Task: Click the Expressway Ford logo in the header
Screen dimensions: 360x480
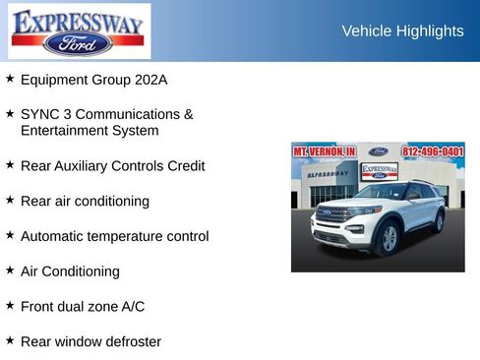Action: point(79,30)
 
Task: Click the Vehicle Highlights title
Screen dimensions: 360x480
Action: point(402,31)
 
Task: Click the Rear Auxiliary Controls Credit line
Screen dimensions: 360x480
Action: point(112,166)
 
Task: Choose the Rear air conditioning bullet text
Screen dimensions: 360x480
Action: point(85,201)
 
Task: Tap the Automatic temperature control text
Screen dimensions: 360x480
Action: point(114,236)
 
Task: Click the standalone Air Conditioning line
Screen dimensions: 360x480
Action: point(70,270)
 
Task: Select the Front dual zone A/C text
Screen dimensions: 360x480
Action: point(83,306)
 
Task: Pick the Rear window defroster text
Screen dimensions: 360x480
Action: point(90,341)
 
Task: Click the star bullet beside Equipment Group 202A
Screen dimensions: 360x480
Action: point(10,78)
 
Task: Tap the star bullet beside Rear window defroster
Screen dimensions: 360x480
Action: point(10,340)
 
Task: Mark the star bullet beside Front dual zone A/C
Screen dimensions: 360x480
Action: point(10,305)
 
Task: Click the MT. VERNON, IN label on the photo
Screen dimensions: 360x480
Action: point(324,151)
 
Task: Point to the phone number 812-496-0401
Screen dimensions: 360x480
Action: point(433,151)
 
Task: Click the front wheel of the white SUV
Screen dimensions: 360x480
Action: point(389,237)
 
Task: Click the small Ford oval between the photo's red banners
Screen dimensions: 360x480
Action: point(379,151)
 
